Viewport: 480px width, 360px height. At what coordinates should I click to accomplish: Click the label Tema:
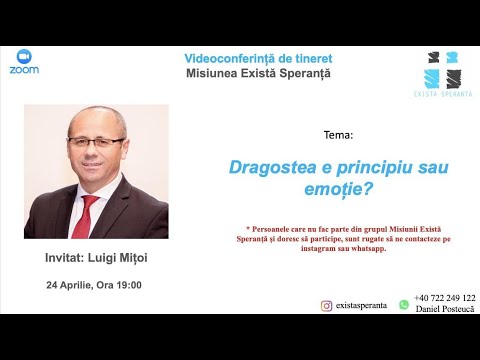tap(310, 134)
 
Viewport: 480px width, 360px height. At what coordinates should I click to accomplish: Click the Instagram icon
tap(326, 306)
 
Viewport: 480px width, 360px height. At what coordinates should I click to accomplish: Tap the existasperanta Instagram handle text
tap(363, 307)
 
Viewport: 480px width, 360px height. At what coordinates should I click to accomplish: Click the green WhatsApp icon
tap(404, 304)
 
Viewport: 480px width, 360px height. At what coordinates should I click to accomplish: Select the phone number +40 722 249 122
tap(445, 298)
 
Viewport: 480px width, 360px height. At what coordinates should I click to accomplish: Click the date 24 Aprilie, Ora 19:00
tap(94, 284)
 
